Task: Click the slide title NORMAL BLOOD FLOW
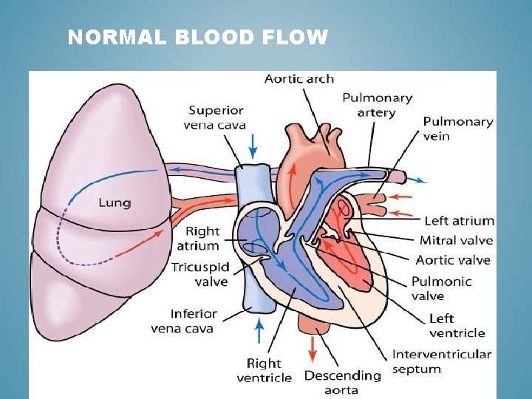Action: click(x=197, y=37)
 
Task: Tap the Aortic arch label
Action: click(x=299, y=78)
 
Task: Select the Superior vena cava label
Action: click(x=216, y=117)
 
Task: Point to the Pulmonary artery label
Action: click(x=377, y=105)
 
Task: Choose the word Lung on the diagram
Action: click(x=115, y=202)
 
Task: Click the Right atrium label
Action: click(x=202, y=239)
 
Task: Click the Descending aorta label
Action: click(x=342, y=382)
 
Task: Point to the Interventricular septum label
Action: click(x=441, y=361)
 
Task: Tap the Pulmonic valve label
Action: click(x=440, y=289)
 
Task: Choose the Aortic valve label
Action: click(x=453, y=259)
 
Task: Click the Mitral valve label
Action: click(x=456, y=240)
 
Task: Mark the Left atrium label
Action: click(x=459, y=221)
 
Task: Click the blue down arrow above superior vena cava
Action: click(x=253, y=146)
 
